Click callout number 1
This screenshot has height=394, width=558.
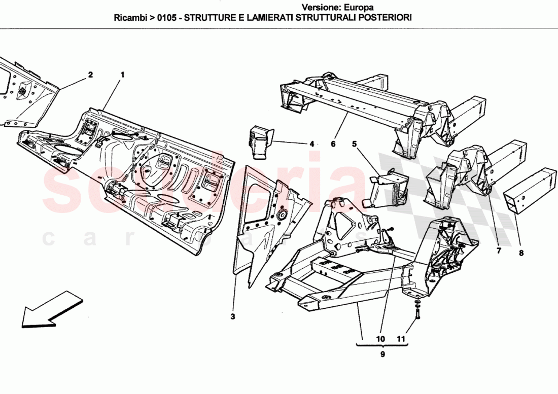[122, 75]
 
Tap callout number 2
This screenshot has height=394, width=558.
[90, 75]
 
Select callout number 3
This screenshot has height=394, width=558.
[232, 317]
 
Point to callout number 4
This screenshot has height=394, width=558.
[312, 144]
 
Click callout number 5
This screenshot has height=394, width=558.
[355, 144]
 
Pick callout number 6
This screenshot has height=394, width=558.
[333, 144]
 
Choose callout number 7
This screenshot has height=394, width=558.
[498, 250]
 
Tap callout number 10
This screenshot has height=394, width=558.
[380, 339]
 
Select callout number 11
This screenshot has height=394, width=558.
[402, 339]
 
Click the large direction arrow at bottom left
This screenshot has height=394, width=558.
[51, 309]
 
